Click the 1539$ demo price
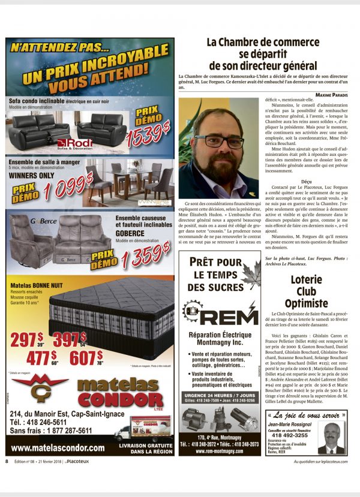(148, 134)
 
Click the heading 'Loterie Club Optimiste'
(306, 290)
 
